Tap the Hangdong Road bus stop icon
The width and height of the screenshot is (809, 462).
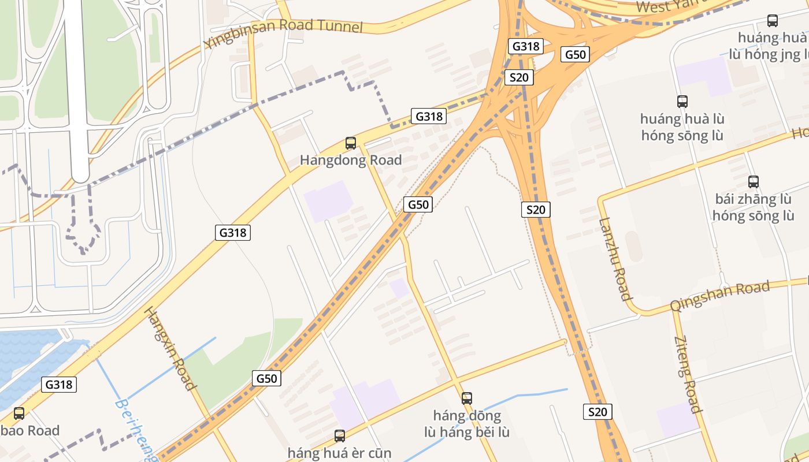tap(351, 143)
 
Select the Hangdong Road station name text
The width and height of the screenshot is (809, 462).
tap(351, 161)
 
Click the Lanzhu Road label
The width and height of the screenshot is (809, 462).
tap(615, 259)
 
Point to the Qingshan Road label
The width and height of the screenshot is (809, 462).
tap(720, 296)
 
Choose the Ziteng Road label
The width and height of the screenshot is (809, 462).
tap(687, 374)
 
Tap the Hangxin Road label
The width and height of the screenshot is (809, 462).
tap(169, 348)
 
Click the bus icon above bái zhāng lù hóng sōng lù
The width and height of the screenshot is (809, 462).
tap(753, 182)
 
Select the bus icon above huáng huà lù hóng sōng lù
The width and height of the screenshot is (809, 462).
tap(682, 102)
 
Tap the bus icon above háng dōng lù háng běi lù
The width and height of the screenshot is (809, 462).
tap(467, 398)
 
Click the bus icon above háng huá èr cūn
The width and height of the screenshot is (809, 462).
tap(340, 436)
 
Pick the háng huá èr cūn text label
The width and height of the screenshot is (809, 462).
tap(340, 453)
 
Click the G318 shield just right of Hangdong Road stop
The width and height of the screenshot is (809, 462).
tap(429, 116)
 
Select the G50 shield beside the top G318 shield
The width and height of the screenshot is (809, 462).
tap(576, 55)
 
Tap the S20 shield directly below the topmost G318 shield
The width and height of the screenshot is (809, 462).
tap(518, 77)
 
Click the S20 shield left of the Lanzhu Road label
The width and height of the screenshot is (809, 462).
tap(536, 210)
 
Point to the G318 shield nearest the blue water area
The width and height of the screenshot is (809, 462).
tap(59, 384)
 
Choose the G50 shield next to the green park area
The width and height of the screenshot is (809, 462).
tap(267, 378)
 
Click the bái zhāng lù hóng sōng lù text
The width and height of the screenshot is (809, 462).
tap(753, 207)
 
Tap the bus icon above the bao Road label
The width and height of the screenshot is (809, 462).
tap(19, 413)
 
